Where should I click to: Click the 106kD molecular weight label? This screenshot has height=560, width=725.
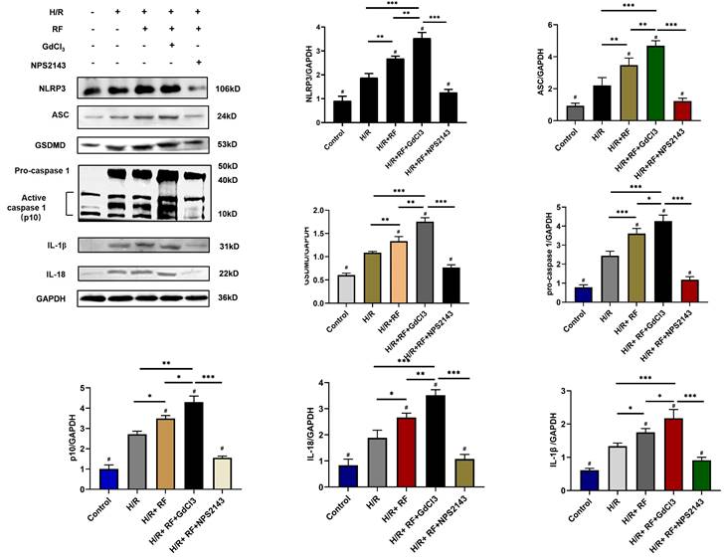pyautogui.click(x=229, y=89)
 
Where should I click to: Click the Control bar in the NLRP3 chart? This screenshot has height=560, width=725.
pyautogui.click(x=341, y=111)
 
